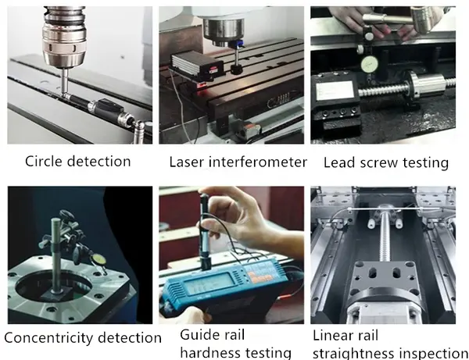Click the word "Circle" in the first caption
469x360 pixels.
(44, 162)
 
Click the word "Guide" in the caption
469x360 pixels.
(196, 335)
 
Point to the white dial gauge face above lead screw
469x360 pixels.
(369, 65)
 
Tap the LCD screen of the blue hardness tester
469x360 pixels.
(209, 283)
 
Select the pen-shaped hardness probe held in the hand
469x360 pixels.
(204, 231)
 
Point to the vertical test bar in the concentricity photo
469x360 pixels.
(55, 254)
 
